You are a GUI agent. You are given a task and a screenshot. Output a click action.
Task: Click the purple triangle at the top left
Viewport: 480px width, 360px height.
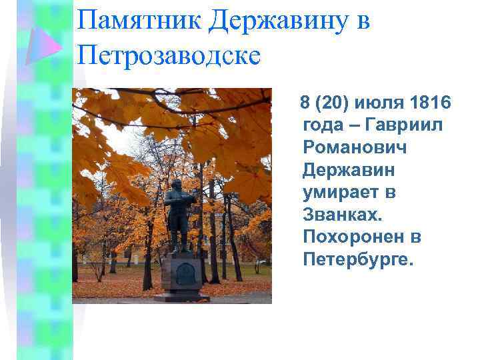tap(44, 45)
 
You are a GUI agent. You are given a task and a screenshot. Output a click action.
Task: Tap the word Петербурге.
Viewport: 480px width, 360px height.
tap(358, 259)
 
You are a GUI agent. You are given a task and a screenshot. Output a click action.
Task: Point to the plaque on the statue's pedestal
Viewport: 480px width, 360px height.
tap(184, 274)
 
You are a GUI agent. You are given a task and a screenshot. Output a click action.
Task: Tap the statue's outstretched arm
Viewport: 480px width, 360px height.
tap(189, 197)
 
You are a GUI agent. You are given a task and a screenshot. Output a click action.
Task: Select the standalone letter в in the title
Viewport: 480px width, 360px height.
tap(363, 22)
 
